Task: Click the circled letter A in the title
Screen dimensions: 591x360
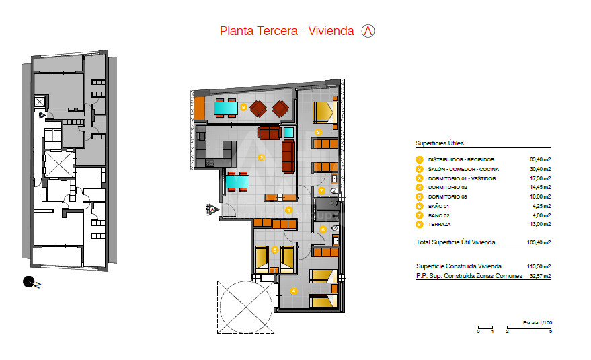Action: [368, 31]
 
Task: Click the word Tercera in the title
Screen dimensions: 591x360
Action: [279, 31]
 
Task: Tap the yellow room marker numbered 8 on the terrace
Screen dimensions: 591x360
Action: [243, 107]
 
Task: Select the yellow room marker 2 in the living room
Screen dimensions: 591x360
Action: [261, 157]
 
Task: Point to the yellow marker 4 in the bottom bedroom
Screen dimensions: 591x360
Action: [294, 291]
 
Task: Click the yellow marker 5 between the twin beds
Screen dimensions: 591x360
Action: [275, 250]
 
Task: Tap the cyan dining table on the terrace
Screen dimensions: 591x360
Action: [226, 108]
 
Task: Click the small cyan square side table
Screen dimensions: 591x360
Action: [288, 133]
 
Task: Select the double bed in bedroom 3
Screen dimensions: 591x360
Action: [325, 112]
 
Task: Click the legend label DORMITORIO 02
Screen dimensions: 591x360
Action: [447, 188]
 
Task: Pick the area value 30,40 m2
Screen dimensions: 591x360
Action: [540, 169]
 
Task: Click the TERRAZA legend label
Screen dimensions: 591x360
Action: [439, 225]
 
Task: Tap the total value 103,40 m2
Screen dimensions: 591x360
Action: [539, 242]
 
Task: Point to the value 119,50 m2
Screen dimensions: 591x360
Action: [539, 266]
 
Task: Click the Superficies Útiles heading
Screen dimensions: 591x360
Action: [440, 143]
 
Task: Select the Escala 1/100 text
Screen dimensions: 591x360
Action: [537, 322]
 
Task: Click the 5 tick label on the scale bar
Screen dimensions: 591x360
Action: [551, 332]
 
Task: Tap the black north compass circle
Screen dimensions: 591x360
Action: [28, 281]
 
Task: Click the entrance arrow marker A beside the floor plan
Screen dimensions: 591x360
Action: [212, 209]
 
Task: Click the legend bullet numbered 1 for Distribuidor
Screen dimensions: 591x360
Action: [419, 159]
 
